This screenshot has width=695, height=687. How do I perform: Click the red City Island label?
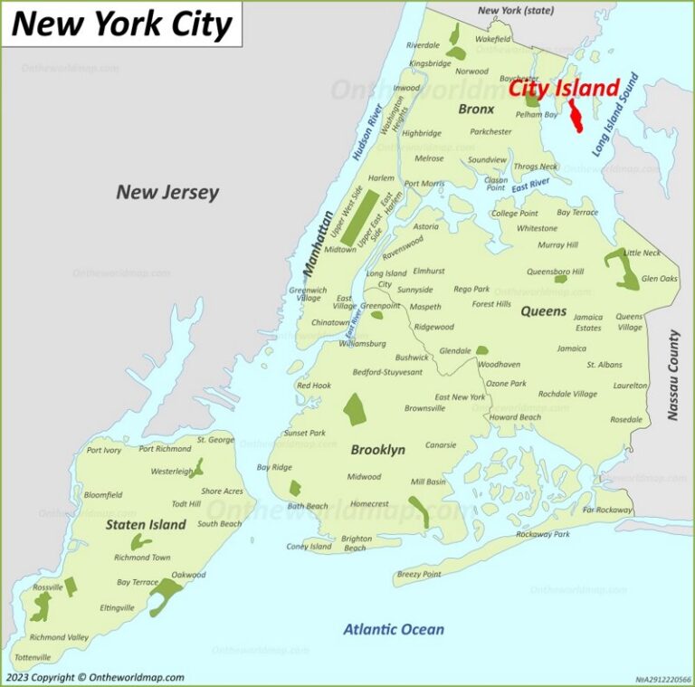tap(564, 89)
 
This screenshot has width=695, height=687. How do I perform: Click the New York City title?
tap(121, 24)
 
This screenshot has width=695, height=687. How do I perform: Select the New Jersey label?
tap(167, 192)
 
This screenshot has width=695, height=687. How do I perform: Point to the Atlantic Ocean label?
tap(394, 629)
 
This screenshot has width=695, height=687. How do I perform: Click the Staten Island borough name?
tap(146, 524)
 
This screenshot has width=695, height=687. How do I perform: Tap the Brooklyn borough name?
tap(377, 450)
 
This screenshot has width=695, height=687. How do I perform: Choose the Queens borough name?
tap(543, 311)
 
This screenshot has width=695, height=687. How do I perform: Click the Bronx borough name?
tap(476, 109)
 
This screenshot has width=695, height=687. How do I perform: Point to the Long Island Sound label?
tap(615, 116)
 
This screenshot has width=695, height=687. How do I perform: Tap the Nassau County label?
tap(673, 375)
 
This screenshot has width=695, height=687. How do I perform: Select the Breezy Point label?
tap(419, 574)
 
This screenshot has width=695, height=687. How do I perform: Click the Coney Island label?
tap(309, 547)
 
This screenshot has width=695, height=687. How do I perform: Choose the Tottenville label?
tap(33, 656)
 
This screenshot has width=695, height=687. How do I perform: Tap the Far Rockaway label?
tap(608, 510)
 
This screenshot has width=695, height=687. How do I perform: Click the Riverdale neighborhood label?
tap(423, 45)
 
